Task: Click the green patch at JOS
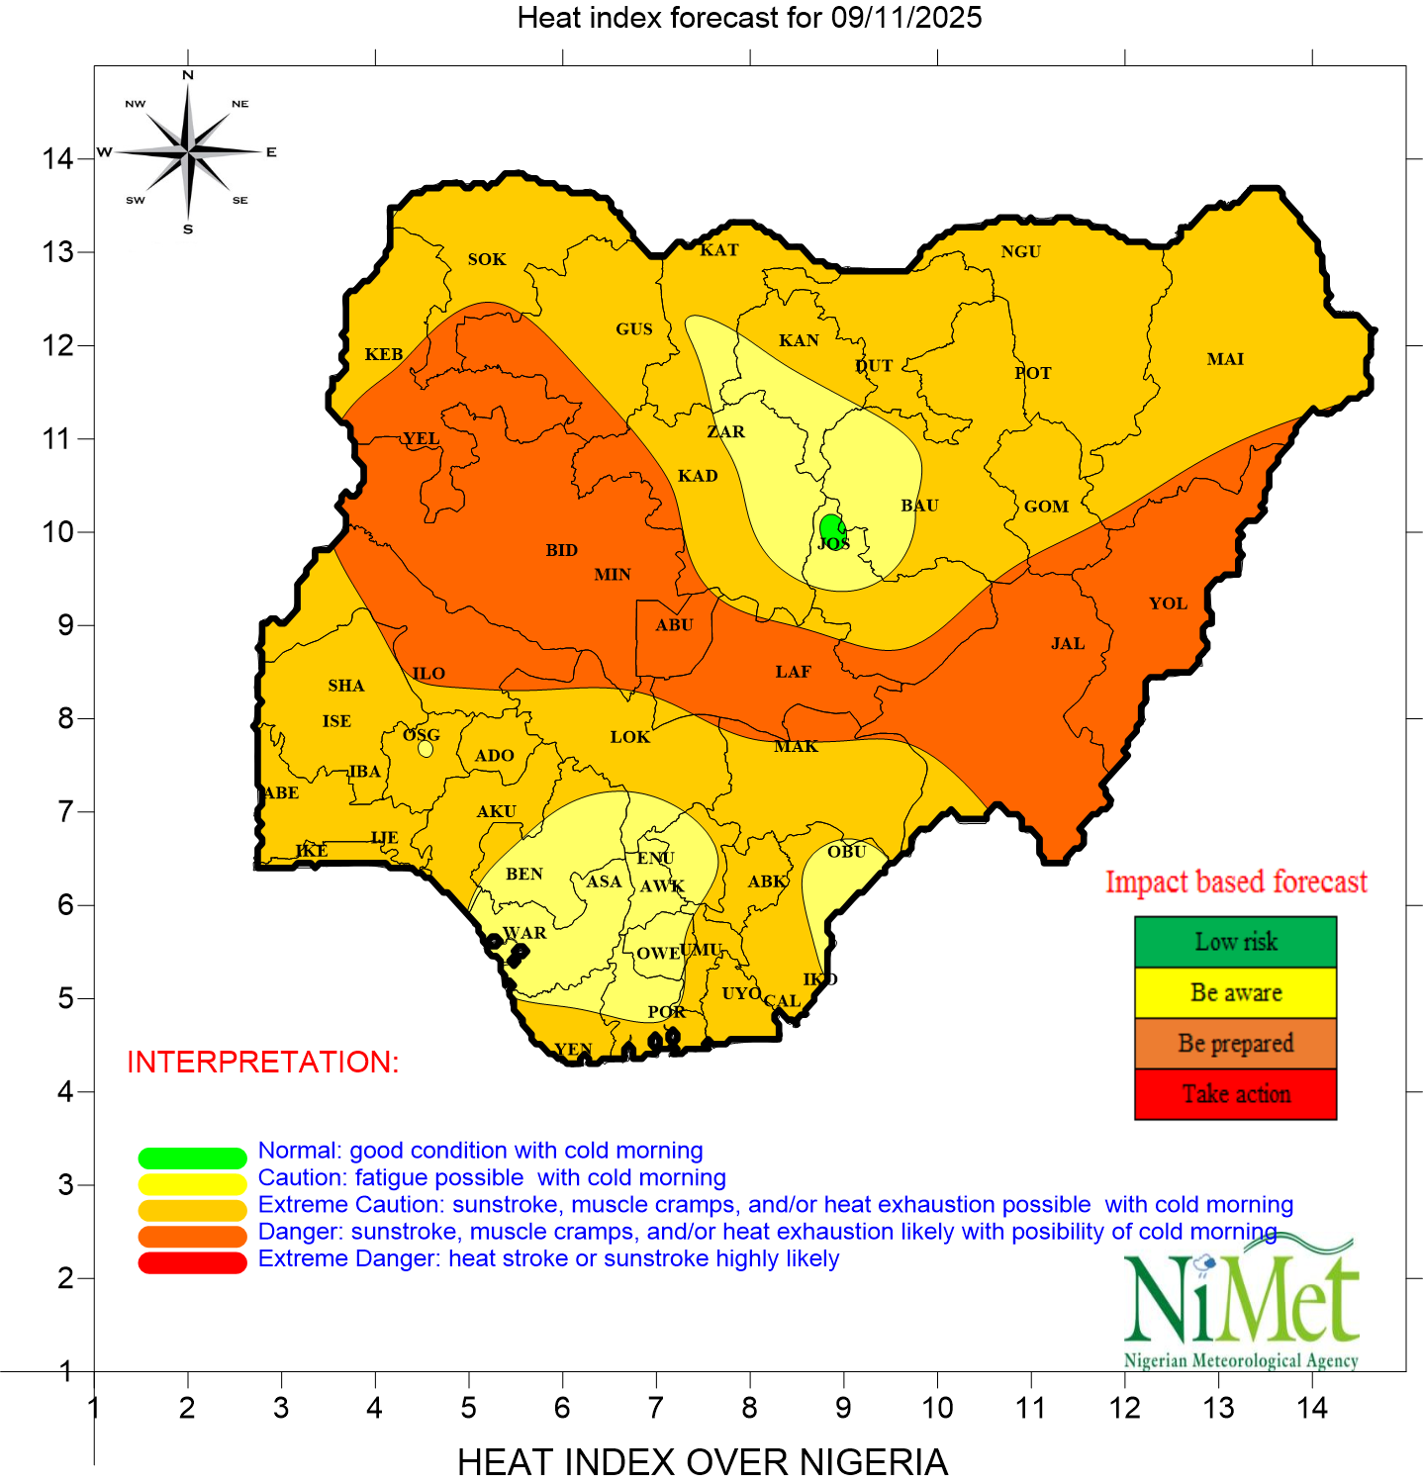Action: [832, 527]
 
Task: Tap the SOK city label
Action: [487, 259]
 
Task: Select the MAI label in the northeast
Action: [1225, 359]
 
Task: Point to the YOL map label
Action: [1168, 603]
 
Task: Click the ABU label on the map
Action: [675, 625]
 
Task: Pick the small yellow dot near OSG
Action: [426, 749]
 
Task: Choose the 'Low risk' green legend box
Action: [1235, 942]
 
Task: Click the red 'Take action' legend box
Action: [1235, 1094]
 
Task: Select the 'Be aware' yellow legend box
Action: [1235, 992]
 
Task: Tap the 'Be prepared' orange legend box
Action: [1235, 1044]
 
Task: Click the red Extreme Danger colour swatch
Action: [192, 1262]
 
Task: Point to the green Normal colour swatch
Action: [192, 1158]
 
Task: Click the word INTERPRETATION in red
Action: [263, 1062]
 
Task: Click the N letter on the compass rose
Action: [188, 75]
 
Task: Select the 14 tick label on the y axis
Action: [57, 158]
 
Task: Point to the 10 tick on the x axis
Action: [937, 1408]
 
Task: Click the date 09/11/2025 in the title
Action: [906, 18]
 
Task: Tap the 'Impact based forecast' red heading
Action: [1236, 881]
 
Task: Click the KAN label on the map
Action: [799, 341]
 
